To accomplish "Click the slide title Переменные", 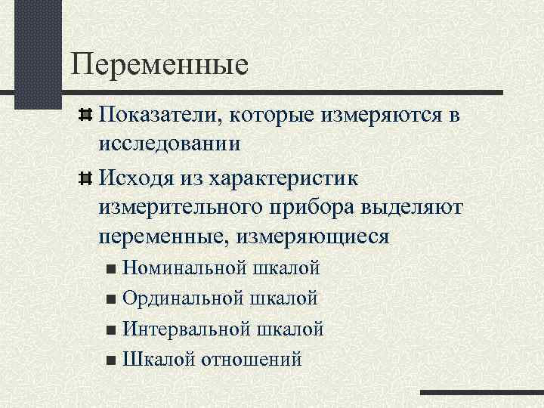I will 159,63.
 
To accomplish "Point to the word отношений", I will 252,359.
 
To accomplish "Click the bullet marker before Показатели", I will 85,116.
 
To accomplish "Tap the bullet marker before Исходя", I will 85,179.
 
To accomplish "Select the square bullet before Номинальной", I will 112,269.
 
